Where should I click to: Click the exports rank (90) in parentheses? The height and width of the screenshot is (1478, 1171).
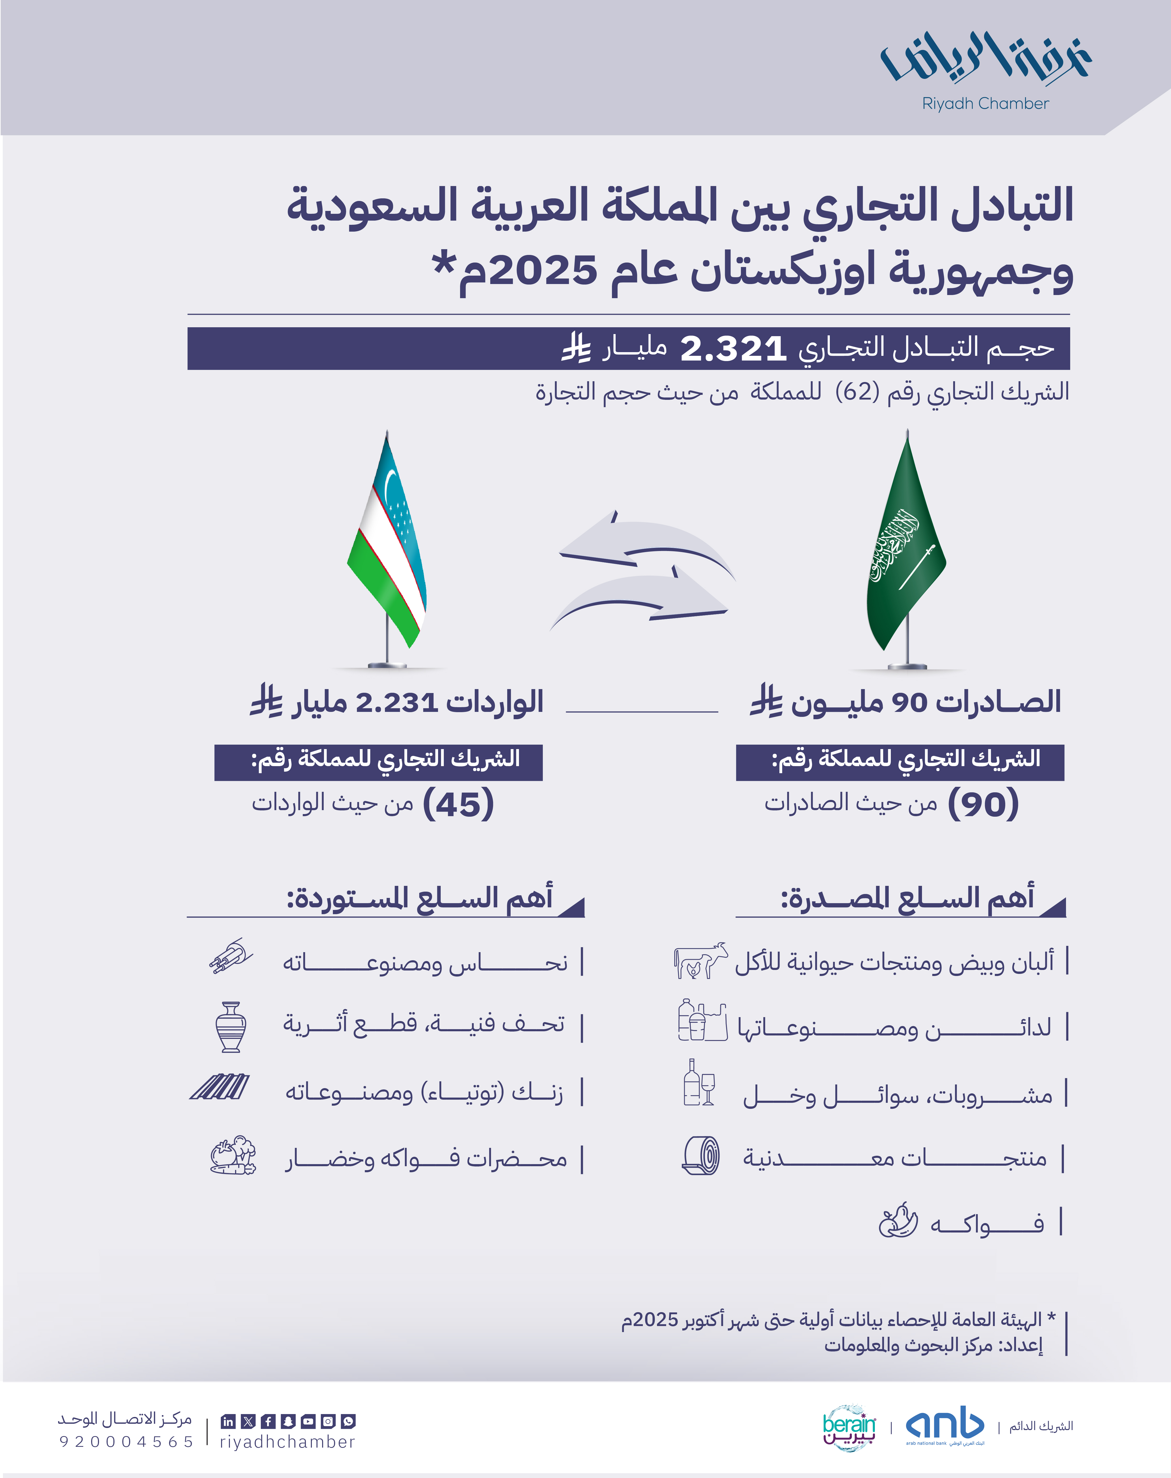pyautogui.click(x=983, y=803)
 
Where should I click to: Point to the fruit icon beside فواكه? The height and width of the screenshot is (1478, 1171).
pyautogui.click(x=898, y=1221)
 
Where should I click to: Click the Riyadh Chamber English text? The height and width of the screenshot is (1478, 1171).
pyautogui.click(x=985, y=103)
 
